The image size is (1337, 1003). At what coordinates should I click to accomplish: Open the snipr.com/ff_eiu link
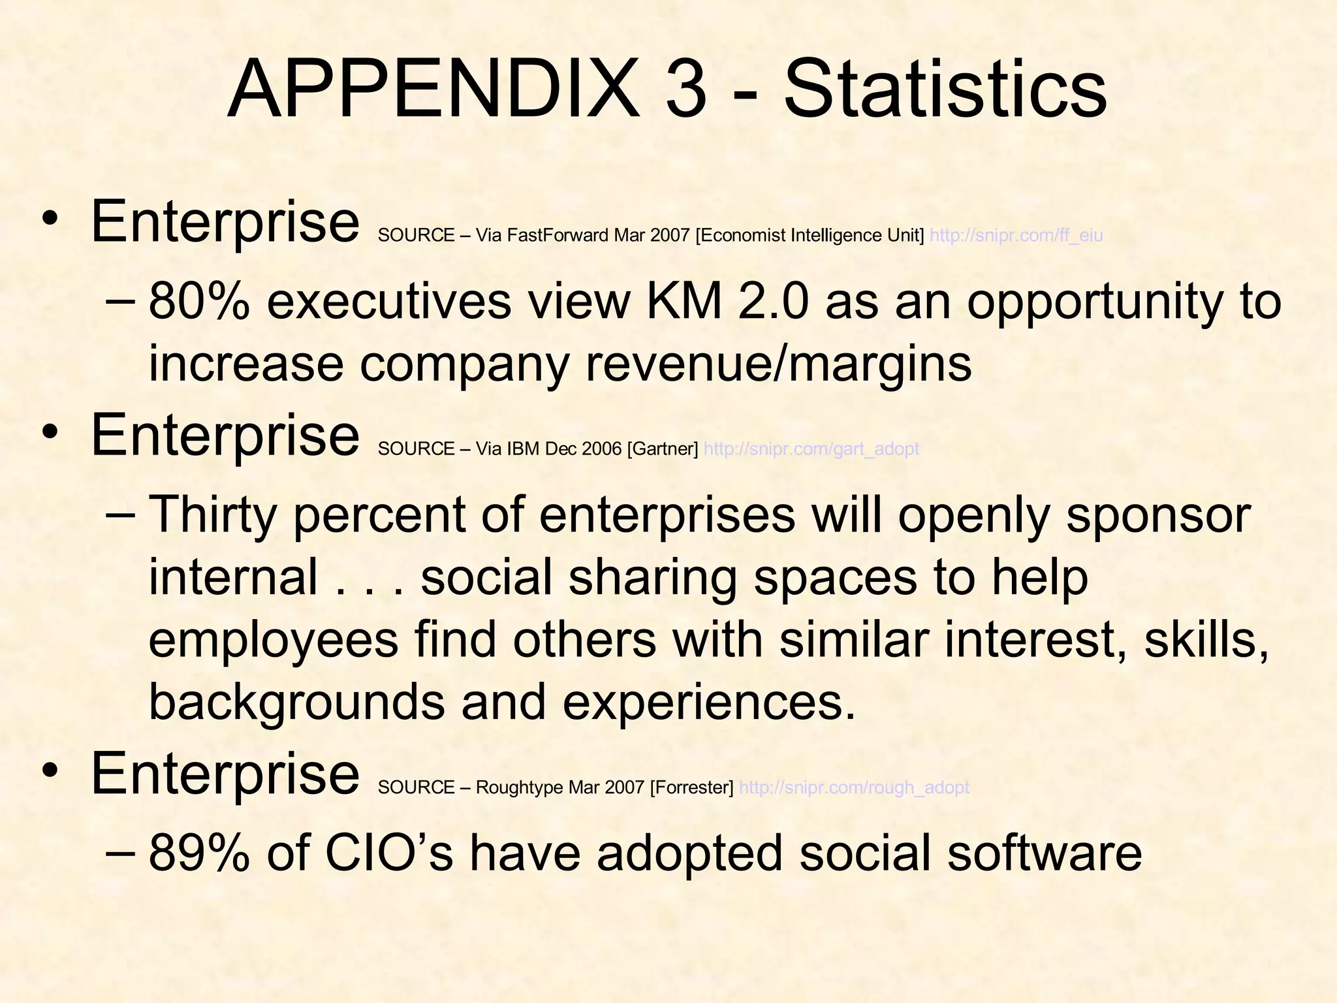(x=1016, y=235)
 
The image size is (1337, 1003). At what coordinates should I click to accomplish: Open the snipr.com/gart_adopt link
(x=811, y=449)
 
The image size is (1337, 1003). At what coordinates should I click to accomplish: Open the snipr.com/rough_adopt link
(x=854, y=788)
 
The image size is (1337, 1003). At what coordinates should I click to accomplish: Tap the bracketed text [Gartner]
(x=662, y=449)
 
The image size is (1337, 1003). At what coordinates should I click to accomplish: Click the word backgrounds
(x=296, y=703)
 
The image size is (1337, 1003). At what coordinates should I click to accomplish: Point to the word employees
(x=274, y=640)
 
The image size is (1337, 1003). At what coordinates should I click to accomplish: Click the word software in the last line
(x=1045, y=853)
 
